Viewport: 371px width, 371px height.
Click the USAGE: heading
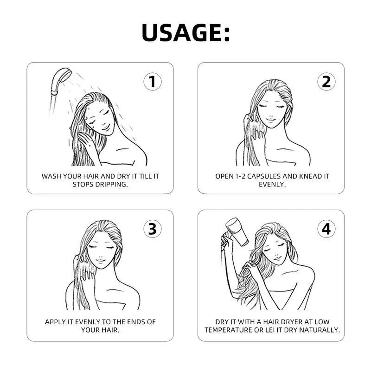pos(185,32)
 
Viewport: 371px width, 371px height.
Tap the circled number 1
pos(153,82)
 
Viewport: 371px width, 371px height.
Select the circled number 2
pos(326,82)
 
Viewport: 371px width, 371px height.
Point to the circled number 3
pos(153,229)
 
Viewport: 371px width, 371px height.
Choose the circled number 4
pos(326,229)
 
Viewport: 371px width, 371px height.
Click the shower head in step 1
pos(60,79)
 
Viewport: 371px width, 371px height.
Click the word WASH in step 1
pos(51,176)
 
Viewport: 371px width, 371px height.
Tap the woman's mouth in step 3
pos(101,261)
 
